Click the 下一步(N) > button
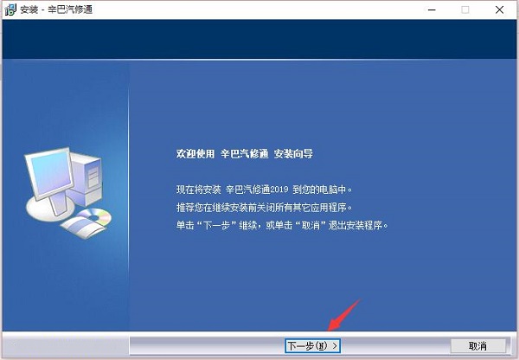[312, 346]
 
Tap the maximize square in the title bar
[465, 10]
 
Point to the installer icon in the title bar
[8, 10]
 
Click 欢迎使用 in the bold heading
[192, 154]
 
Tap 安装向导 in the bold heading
[293, 154]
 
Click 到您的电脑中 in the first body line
[325, 189]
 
